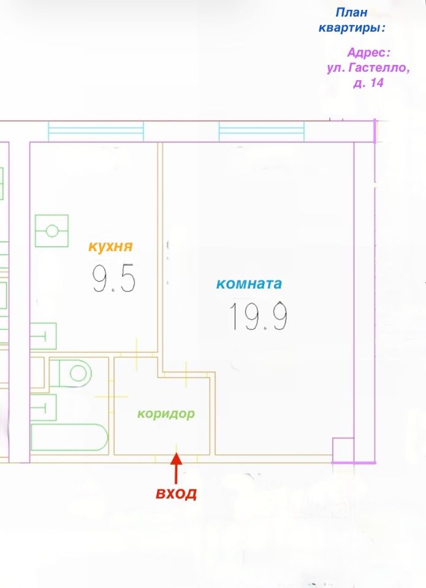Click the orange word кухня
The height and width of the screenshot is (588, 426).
pyautogui.click(x=110, y=247)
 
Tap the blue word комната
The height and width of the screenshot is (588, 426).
pyautogui.click(x=249, y=284)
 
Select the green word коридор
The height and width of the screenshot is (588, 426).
pyautogui.click(x=165, y=413)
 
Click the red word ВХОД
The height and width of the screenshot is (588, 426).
pyautogui.click(x=176, y=494)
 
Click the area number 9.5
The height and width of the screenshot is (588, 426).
pyautogui.click(x=113, y=280)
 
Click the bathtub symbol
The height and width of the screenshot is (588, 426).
pyautogui.click(x=69, y=437)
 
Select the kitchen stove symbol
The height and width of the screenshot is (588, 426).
pyautogui.click(x=51, y=230)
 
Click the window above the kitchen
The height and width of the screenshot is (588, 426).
pyautogui.click(x=96, y=130)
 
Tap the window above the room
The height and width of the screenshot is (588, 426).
pyautogui.click(x=261, y=130)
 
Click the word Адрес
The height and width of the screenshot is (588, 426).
pyautogui.click(x=368, y=53)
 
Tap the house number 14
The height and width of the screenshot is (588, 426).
pyautogui.click(x=376, y=83)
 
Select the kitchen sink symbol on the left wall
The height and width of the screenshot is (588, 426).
pyautogui.click(x=43, y=336)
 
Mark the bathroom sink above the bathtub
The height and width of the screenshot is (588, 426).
pyautogui.click(x=43, y=407)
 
